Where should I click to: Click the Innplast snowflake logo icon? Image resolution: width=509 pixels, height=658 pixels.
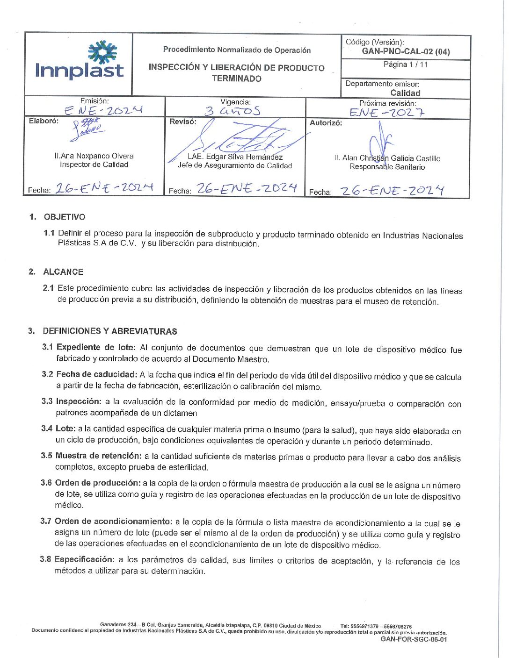102,52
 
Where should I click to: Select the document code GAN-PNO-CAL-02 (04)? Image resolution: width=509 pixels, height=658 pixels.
406,51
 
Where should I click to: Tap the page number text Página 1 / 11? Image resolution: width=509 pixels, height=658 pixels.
405,64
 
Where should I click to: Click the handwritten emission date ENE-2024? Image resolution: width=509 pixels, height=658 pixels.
103,110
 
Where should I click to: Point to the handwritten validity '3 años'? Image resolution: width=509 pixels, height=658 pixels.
233,111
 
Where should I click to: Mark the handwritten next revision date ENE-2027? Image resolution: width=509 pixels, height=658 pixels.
387,112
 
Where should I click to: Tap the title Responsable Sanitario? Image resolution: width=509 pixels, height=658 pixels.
387,167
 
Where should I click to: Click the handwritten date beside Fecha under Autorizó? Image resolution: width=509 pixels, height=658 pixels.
392,191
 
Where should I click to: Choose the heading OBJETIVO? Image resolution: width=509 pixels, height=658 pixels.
65,217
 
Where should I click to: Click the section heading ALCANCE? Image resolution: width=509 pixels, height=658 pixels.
63,272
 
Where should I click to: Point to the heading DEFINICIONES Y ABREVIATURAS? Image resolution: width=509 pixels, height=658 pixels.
110,331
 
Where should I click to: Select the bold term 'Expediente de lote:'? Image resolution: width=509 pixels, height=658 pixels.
96,347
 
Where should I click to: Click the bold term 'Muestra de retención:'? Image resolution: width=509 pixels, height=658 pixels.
98,456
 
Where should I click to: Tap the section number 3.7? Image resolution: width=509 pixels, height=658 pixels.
46,521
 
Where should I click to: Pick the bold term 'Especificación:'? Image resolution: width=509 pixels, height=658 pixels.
84,559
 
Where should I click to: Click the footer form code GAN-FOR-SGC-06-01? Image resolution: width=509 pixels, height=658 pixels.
414,639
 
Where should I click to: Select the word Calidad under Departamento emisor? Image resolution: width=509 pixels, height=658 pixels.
405,93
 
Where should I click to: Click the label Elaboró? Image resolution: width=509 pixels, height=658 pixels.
44,121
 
